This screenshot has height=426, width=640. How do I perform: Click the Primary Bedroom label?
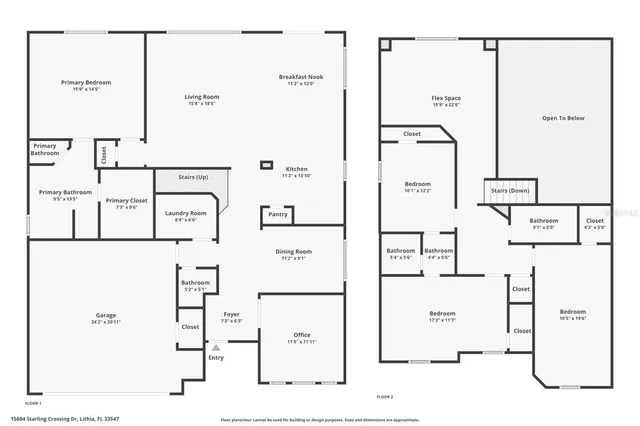click(x=85, y=82)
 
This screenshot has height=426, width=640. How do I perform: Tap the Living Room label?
click(x=202, y=97)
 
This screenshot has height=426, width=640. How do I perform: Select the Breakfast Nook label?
click(x=301, y=77)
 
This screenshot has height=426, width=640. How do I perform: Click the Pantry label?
click(x=278, y=214)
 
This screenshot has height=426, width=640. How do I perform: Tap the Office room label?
click(x=301, y=335)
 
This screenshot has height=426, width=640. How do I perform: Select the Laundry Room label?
click(x=186, y=213)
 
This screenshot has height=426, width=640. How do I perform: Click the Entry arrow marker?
click(x=216, y=347)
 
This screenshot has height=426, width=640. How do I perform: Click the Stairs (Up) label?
click(x=193, y=177)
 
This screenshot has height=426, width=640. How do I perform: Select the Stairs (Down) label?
click(x=509, y=190)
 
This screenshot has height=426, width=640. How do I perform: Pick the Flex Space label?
click(x=445, y=98)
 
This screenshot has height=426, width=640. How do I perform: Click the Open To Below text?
click(x=562, y=118)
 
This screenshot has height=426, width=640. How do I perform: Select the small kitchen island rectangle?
click(x=266, y=164)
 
